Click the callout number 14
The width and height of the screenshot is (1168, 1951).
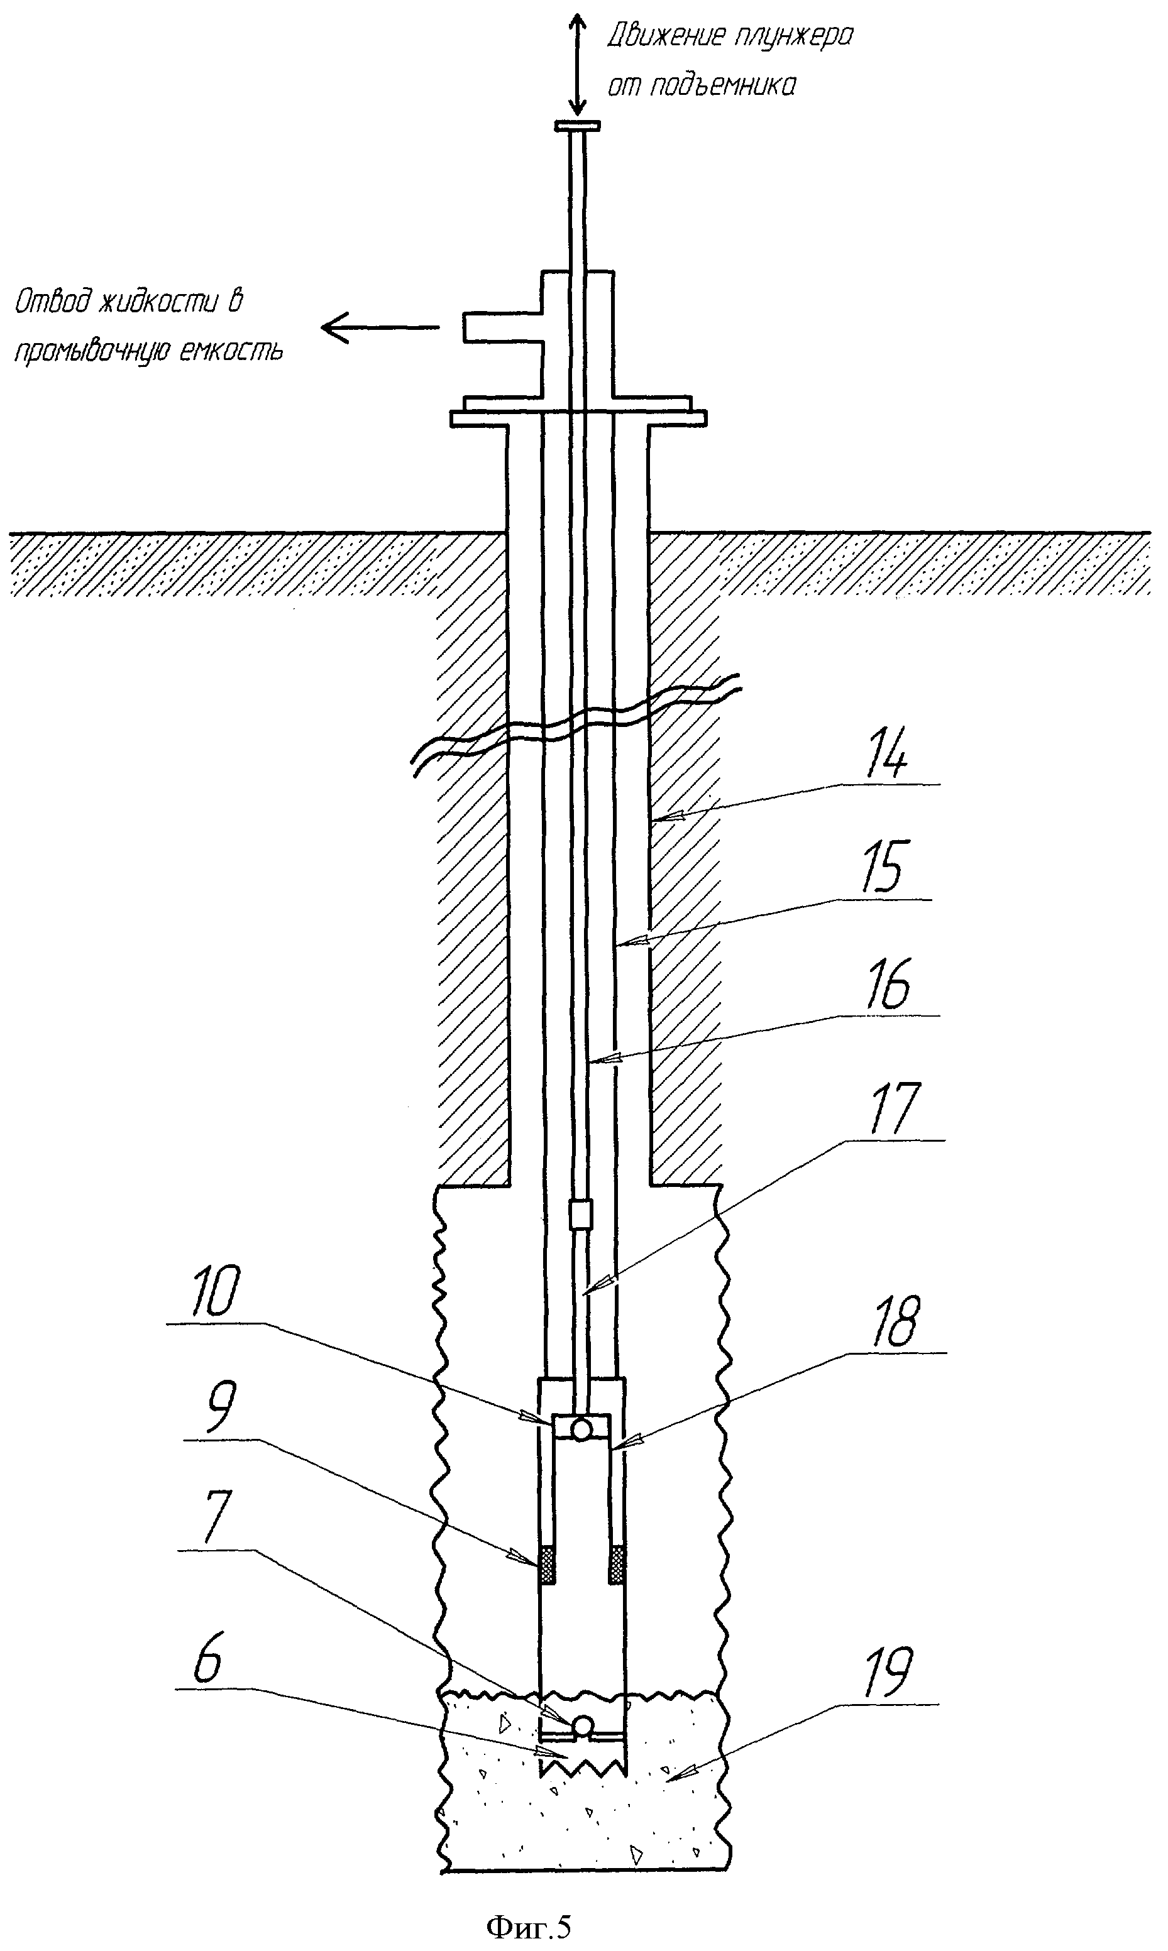tap(887, 753)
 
